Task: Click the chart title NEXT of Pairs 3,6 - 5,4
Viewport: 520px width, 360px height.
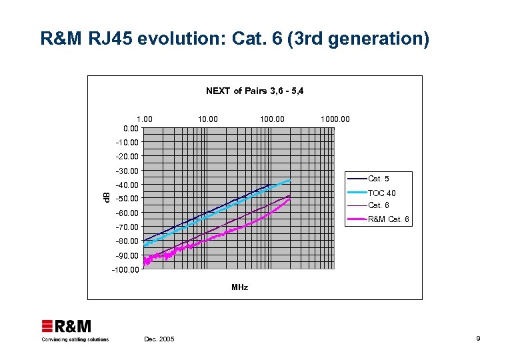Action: pos(255,91)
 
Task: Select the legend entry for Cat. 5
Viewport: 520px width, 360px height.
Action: pos(379,179)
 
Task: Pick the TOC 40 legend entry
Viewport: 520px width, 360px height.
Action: pos(381,193)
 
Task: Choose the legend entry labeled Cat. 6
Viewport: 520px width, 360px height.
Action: pos(379,205)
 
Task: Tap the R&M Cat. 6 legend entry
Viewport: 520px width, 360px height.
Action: pos(388,219)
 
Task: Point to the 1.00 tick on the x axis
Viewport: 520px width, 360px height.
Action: pos(144,119)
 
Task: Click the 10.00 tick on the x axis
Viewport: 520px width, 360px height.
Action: pos(207,119)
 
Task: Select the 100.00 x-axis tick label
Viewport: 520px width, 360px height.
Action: pos(272,119)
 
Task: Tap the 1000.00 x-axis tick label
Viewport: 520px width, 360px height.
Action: pos(335,119)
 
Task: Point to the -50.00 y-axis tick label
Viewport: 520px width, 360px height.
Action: pos(127,199)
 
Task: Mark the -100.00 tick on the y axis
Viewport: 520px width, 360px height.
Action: pos(125,270)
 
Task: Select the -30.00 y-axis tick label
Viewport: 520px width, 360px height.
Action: pos(127,171)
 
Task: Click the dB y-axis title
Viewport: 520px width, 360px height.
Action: pos(105,197)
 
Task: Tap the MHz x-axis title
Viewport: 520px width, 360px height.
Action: pos(239,287)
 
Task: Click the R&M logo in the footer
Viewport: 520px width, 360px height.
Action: pos(67,327)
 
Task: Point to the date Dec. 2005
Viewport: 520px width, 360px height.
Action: pos(159,339)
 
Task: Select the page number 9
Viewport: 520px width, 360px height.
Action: pos(478,339)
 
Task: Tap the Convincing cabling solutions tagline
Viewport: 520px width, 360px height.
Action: pos(75,339)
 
